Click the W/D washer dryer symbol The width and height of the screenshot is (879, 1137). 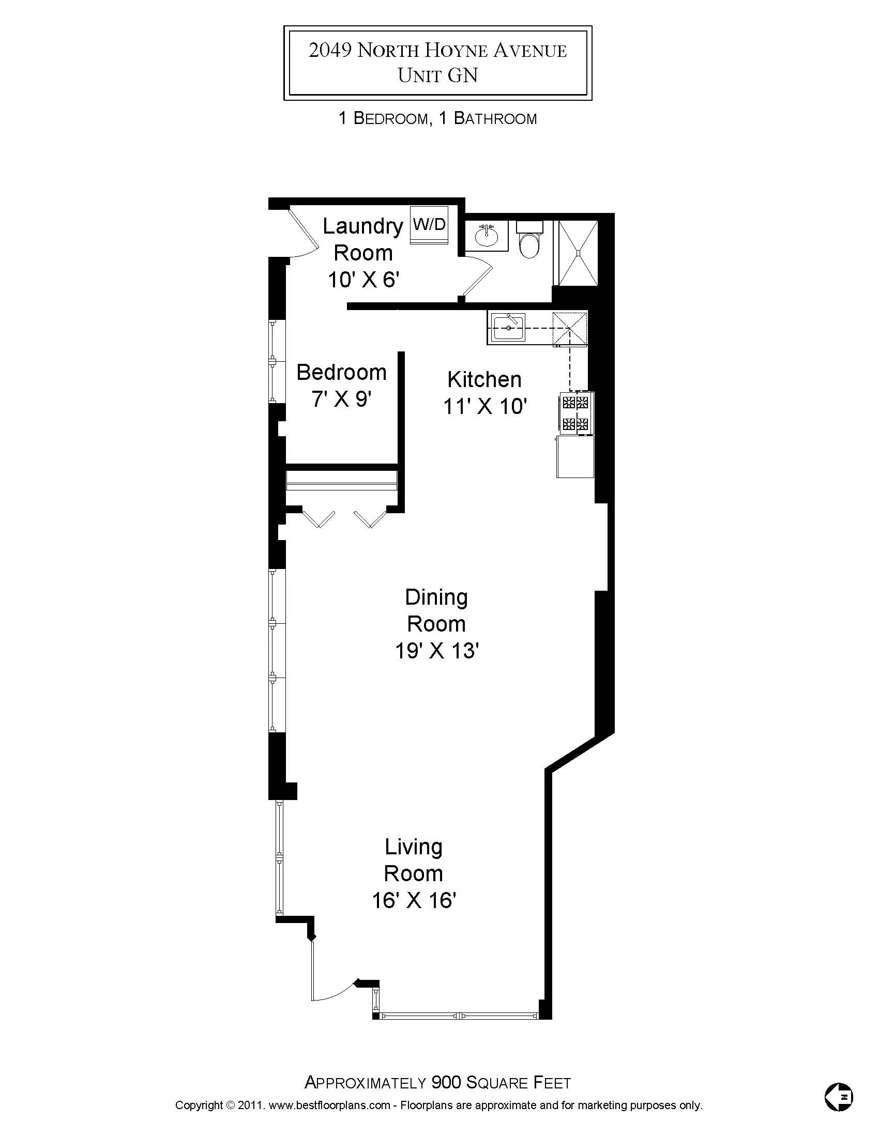click(x=429, y=225)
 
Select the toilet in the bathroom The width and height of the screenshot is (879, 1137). click(x=530, y=240)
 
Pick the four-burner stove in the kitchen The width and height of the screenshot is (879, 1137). click(x=576, y=412)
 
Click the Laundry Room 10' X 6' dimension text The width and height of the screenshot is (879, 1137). click(x=363, y=280)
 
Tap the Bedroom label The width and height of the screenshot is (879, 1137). click(x=342, y=373)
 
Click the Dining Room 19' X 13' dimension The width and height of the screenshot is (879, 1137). click(x=436, y=651)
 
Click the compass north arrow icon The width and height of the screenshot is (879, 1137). click(x=839, y=1096)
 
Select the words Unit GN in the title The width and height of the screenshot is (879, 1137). click(x=437, y=75)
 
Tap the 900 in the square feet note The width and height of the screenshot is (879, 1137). click(x=446, y=1083)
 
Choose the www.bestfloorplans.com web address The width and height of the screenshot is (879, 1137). click(x=329, y=1105)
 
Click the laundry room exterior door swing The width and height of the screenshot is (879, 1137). click(x=303, y=234)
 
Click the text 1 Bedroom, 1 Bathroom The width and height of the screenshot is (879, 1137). click(x=437, y=119)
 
